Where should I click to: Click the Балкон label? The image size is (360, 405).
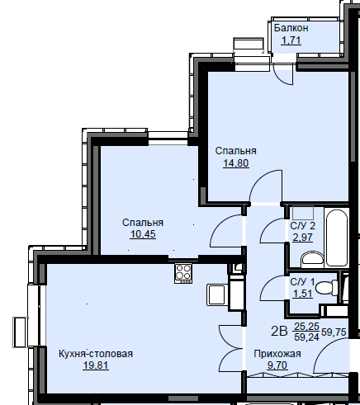coord(291,28)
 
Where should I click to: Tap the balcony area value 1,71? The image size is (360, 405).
coord(291,40)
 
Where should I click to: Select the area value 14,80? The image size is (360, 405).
coord(236,163)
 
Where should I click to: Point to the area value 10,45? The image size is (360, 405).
coord(143,234)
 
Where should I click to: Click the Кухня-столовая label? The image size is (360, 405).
coord(96,354)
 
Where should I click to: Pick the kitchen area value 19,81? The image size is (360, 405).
coord(96,365)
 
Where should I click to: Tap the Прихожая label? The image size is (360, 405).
coord(277,354)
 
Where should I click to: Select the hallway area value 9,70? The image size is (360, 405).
coord(277,365)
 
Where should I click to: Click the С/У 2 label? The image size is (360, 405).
coord(303,226)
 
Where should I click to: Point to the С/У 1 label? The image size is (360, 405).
coord(302,282)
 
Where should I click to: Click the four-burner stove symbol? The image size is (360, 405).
coord(183,274)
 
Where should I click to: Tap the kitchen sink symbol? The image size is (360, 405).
coord(216,294)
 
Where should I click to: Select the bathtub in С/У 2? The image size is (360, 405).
coord(337,238)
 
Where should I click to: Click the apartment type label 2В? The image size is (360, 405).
coord(279,332)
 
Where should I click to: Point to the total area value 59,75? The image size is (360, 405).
coord(334,332)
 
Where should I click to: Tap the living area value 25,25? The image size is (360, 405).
coord(306,327)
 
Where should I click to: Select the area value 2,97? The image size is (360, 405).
coord(303,238)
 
